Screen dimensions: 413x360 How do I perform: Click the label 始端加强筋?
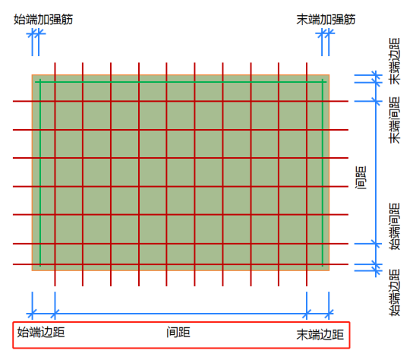43,20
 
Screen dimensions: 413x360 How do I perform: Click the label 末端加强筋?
326,20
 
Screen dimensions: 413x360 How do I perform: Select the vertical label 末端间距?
395,120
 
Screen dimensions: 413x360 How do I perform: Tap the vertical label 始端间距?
395,226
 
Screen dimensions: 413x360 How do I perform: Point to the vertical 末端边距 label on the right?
395,62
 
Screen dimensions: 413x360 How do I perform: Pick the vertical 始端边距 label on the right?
395,292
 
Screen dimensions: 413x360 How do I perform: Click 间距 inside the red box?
178,333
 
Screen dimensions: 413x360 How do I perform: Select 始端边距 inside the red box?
41,333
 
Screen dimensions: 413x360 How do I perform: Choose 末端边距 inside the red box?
320,334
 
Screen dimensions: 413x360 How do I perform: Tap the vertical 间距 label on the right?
361,178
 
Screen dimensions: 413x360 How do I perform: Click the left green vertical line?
40,172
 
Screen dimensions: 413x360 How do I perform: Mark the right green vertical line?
323,172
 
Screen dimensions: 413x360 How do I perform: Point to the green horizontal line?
181,82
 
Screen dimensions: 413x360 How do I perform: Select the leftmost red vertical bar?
55,174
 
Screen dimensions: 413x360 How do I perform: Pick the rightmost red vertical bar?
307,174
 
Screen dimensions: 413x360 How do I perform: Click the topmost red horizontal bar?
181,101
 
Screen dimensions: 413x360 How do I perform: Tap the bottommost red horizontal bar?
181,264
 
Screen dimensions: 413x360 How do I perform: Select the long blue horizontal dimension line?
180,314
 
